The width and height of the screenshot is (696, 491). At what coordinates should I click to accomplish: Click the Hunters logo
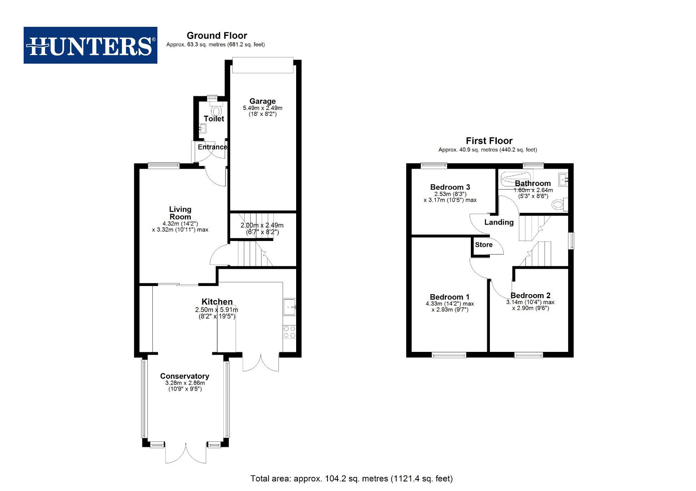click(91, 45)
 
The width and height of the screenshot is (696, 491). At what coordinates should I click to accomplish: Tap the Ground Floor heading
click(217, 35)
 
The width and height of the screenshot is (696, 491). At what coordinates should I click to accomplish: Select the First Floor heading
click(489, 141)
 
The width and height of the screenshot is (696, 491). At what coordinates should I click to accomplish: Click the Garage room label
click(262, 101)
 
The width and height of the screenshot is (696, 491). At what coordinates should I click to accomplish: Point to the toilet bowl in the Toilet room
click(216, 110)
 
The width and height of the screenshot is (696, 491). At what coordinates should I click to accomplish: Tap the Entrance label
click(212, 147)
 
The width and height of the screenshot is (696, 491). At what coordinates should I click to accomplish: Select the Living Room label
click(180, 213)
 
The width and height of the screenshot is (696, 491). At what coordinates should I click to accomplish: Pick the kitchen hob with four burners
click(289, 332)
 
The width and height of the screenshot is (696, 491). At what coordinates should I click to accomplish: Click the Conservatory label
click(185, 376)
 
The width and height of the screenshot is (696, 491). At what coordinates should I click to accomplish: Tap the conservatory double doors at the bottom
click(186, 453)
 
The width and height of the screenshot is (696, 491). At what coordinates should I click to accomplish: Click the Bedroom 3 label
click(450, 187)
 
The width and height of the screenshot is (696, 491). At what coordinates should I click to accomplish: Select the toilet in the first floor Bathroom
click(560, 204)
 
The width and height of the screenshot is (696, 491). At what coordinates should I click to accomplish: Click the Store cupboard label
click(484, 245)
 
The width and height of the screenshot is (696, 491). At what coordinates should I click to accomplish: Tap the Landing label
click(499, 222)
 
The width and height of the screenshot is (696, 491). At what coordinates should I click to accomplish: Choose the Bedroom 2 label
click(530, 296)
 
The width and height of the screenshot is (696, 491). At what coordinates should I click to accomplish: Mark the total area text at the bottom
click(351, 478)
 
